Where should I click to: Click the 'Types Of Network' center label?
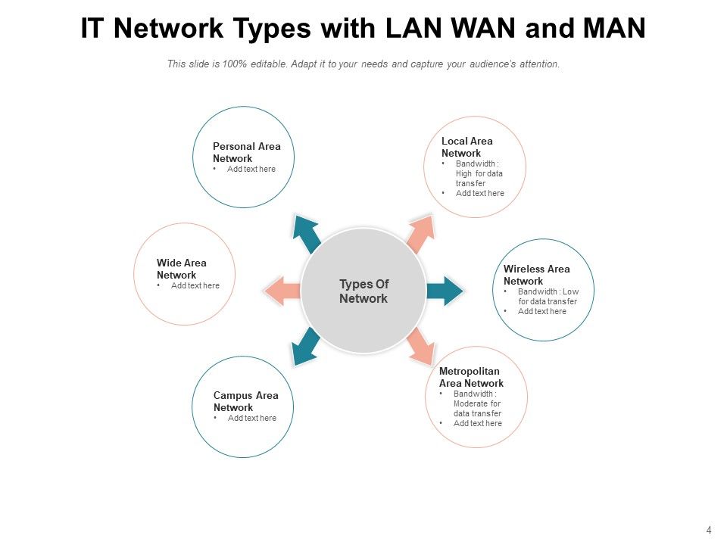(364, 291)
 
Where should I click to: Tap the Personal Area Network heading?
(247, 152)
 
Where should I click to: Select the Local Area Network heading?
(467, 147)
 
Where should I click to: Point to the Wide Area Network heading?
(181, 269)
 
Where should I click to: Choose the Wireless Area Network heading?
(536, 275)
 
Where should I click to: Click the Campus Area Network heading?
(245, 401)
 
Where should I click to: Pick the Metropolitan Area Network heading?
(471, 377)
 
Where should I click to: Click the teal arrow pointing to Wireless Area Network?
(445, 291)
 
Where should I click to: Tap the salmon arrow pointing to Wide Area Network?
(282, 291)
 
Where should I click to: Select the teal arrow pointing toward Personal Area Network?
(307, 233)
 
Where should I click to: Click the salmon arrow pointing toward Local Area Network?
(421, 233)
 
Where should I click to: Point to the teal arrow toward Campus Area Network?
(305, 347)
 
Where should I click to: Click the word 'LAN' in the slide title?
(413, 28)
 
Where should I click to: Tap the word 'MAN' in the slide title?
(614, 28)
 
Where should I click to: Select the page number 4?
(709, 530)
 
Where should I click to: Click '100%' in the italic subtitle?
(234, 64)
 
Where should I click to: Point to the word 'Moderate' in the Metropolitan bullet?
(470, 403)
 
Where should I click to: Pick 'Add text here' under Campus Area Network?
(251, 418)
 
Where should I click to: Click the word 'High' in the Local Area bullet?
(463, 174)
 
